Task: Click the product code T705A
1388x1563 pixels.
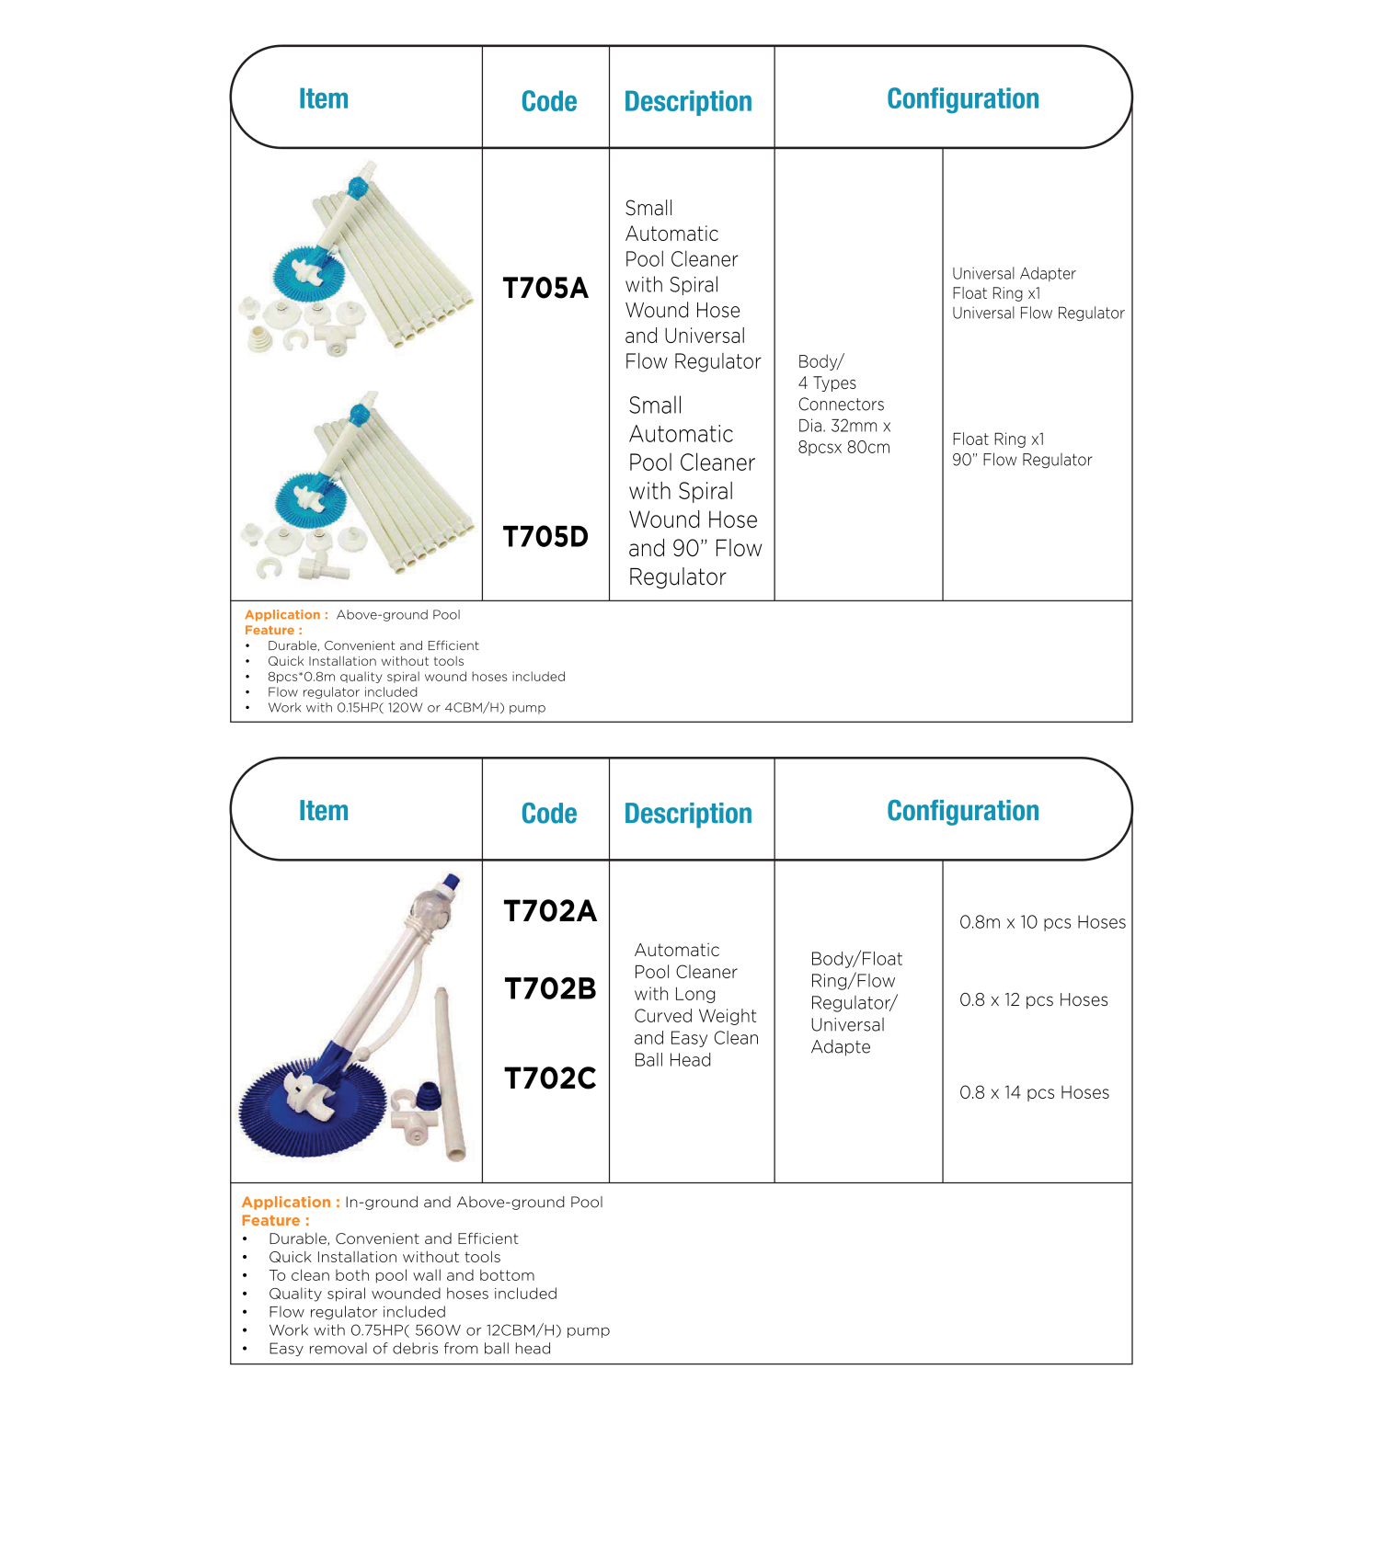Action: click(545, 289)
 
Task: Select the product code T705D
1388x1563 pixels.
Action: click(545, 537)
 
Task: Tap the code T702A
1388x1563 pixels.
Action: click(550, 911)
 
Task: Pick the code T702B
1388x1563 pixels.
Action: click(550, 989)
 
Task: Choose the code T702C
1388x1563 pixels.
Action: click(550, 1078)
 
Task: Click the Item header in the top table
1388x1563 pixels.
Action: click(324, 98)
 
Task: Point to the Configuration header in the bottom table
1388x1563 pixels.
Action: click(962, 811)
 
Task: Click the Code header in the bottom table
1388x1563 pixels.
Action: click(549, 814)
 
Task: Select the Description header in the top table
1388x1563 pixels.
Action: click(688, 101)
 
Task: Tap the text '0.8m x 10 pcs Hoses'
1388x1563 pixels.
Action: click(1042, 922)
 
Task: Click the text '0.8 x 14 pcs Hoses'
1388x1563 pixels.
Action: click(1034, 1092)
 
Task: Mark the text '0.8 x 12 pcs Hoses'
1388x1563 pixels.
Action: click(1034, 999)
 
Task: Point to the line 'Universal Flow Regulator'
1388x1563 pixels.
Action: click(1038, 314)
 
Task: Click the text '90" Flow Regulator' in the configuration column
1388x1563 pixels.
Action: click(1022, 460)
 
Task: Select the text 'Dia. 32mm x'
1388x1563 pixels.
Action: click(843, 426)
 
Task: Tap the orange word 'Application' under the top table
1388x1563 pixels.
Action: click(282, 615)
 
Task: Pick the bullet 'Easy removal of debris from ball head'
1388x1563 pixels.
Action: click(409, 1349)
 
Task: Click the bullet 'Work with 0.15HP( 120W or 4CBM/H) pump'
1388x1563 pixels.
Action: click(407, 708)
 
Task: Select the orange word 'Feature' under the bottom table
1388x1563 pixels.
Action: click(270, 1221)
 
